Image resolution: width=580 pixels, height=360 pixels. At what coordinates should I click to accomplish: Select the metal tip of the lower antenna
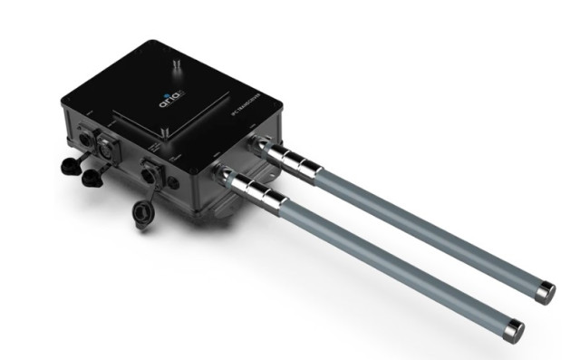(x=513, y=328)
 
